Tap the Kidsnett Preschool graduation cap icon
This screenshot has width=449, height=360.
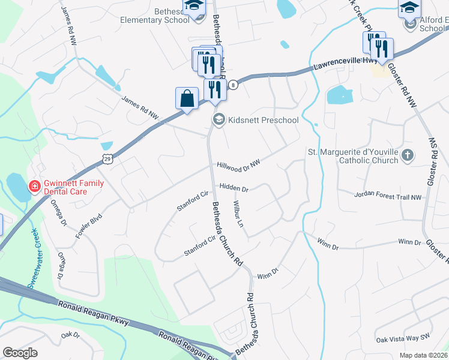(x=218, y=120)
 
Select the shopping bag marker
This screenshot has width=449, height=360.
(x=187, y=98)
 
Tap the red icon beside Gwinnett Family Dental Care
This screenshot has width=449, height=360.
(x=35, y=187)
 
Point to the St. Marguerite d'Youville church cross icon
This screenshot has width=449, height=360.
(x=408, y=155)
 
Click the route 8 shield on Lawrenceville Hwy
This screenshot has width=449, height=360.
(x=234, y=85)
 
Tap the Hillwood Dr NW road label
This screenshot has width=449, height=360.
(x=238, y=164)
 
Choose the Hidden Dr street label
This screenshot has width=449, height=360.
(x=234, y=188)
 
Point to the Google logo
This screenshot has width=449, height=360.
(x=20, y=353)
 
